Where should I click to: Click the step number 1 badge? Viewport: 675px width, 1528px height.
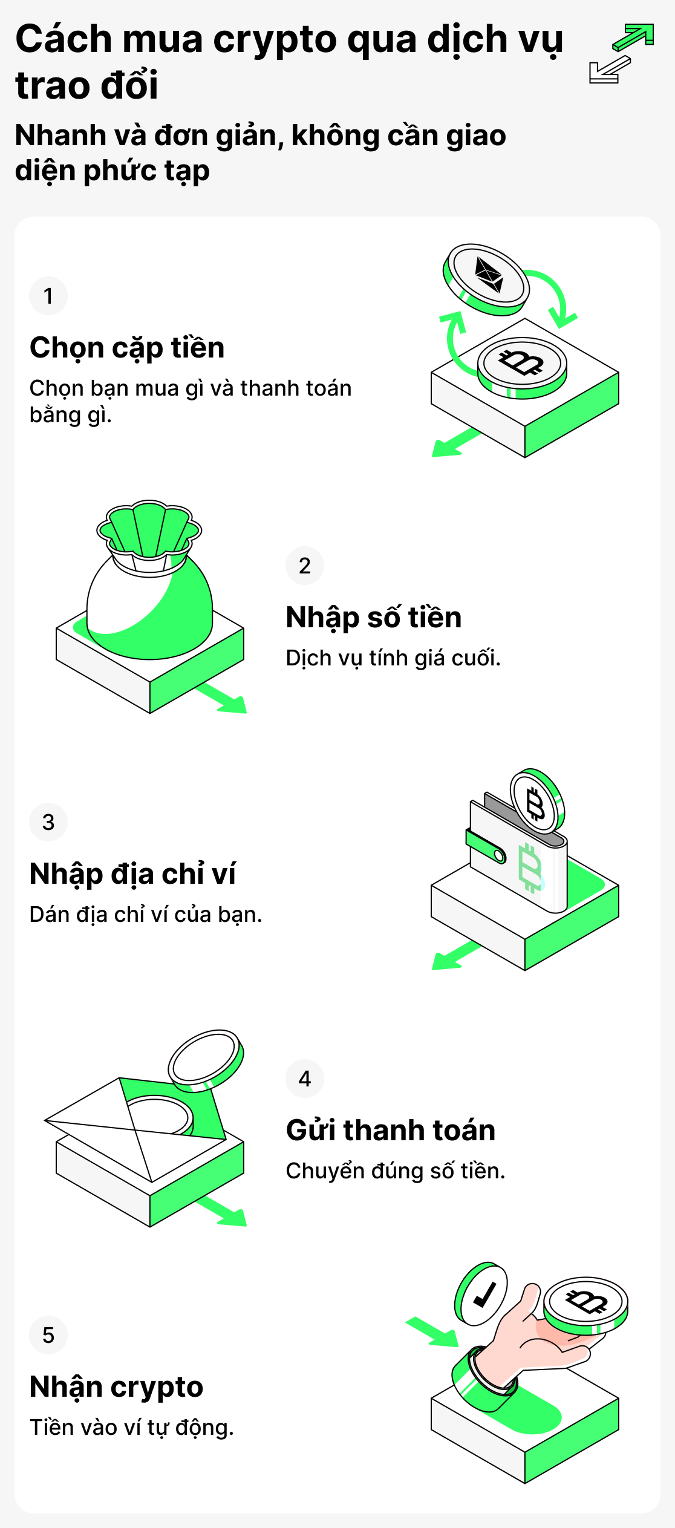48,296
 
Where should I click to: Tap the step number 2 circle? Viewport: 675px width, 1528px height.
305,566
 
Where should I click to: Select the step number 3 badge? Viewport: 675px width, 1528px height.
48,822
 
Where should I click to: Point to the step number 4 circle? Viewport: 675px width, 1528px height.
305,1079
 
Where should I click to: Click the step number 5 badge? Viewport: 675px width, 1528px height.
48,1335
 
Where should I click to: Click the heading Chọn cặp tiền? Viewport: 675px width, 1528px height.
127,348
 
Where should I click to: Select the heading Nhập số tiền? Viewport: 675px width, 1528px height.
374,618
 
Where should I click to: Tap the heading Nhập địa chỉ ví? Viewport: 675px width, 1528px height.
132,874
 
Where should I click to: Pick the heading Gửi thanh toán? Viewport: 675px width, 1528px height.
391,1131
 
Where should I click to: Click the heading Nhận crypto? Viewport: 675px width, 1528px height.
116,1387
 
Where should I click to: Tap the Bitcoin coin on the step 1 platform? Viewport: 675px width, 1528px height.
522,365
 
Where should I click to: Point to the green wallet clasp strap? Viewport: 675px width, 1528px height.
486,846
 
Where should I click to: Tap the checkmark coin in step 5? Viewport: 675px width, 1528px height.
481,1293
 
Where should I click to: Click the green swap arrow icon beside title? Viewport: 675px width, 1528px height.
632,38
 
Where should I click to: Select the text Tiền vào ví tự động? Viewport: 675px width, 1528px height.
132,1428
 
